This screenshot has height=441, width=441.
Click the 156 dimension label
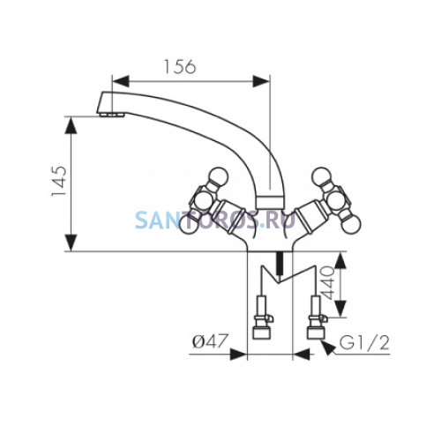(179, 66)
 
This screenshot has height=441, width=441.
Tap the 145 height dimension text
(59, 182)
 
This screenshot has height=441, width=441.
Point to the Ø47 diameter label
(210, 341)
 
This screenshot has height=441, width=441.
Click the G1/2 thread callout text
(364, 342)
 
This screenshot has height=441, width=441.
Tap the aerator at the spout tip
(112, 115)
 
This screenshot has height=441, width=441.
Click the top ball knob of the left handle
(218, 177)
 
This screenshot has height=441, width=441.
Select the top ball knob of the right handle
(322, 177)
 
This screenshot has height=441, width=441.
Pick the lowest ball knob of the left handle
(189, 225)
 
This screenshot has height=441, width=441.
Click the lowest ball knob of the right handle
(351, 225)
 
